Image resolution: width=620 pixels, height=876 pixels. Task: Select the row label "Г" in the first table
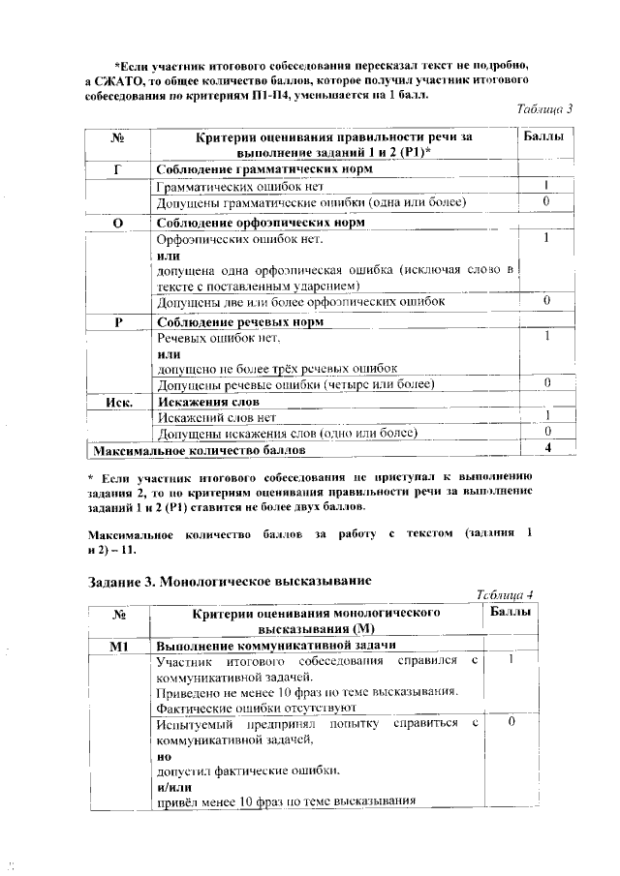pos(117,169)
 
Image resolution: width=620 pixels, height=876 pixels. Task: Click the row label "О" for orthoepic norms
pos(117,222)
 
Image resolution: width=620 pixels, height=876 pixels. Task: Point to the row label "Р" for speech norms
pos(117,321)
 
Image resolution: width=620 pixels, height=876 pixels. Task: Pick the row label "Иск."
pos(117,401)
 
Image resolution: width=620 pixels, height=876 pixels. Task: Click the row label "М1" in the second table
pos(120,645)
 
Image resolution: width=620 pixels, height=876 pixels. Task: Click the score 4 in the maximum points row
pos(547,448)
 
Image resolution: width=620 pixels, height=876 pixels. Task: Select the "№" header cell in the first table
pos(117,138)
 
